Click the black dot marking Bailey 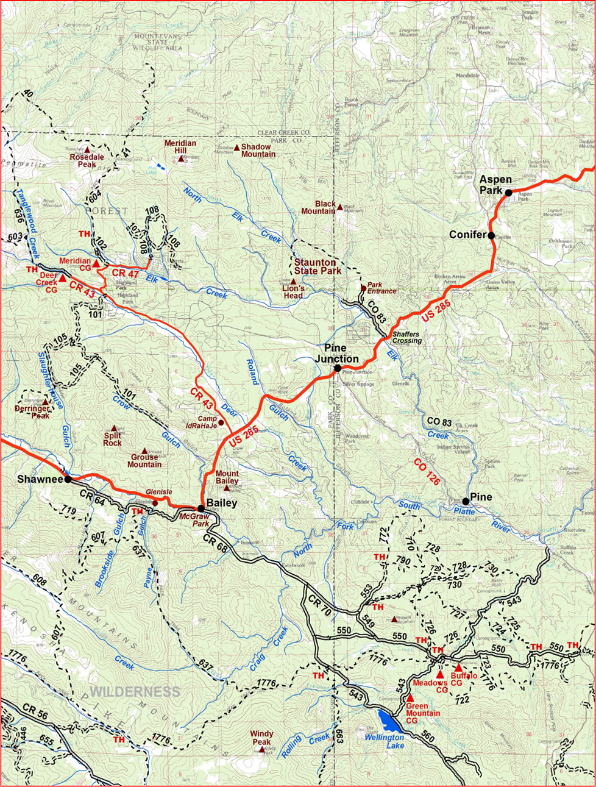coord(201,508)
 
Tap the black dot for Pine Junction coord(338,368)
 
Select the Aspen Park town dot coord(508,193)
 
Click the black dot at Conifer coord(491,235)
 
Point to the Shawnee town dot coord(68,479)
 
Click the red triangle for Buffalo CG coord(459,668)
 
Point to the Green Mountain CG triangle coord(411,698)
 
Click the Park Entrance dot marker coord(363,288)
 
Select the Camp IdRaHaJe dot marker coord(221,422)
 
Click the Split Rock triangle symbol coord(113,429)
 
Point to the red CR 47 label coord(126,274)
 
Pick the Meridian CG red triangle coord(96,263)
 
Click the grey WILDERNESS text coord(135,692)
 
